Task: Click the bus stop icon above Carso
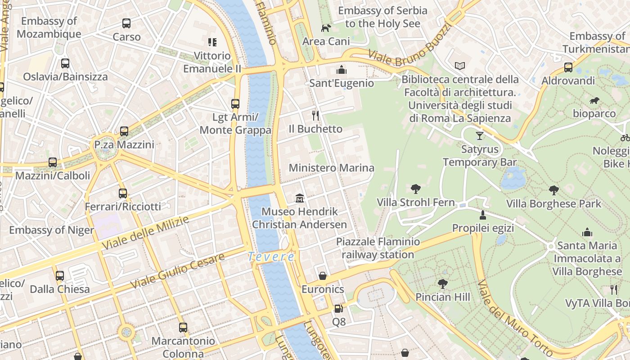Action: (126, 23)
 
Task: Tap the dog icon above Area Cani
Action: (326, 28)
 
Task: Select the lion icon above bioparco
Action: (594, 101)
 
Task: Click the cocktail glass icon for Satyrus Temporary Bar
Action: (480, 135)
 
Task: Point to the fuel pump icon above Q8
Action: (338, 309)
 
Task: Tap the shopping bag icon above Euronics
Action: (323, 275)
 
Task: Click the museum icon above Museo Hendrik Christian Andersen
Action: (300, 198)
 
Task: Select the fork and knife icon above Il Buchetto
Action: (315, 115)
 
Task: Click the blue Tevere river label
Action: (271, 257)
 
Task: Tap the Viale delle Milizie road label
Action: (145, 232)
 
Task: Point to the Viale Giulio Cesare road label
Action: (177, 271)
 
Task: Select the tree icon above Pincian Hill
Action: (443, 283)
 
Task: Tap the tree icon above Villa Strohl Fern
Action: (416, 189)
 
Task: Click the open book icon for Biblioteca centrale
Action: (459, 66)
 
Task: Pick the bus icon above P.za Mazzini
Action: (124, 131)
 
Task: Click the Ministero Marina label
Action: (331, 168)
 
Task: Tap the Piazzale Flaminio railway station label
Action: (378, 248)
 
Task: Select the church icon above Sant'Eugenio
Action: (342, 70)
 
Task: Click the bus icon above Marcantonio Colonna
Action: (183, 327)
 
